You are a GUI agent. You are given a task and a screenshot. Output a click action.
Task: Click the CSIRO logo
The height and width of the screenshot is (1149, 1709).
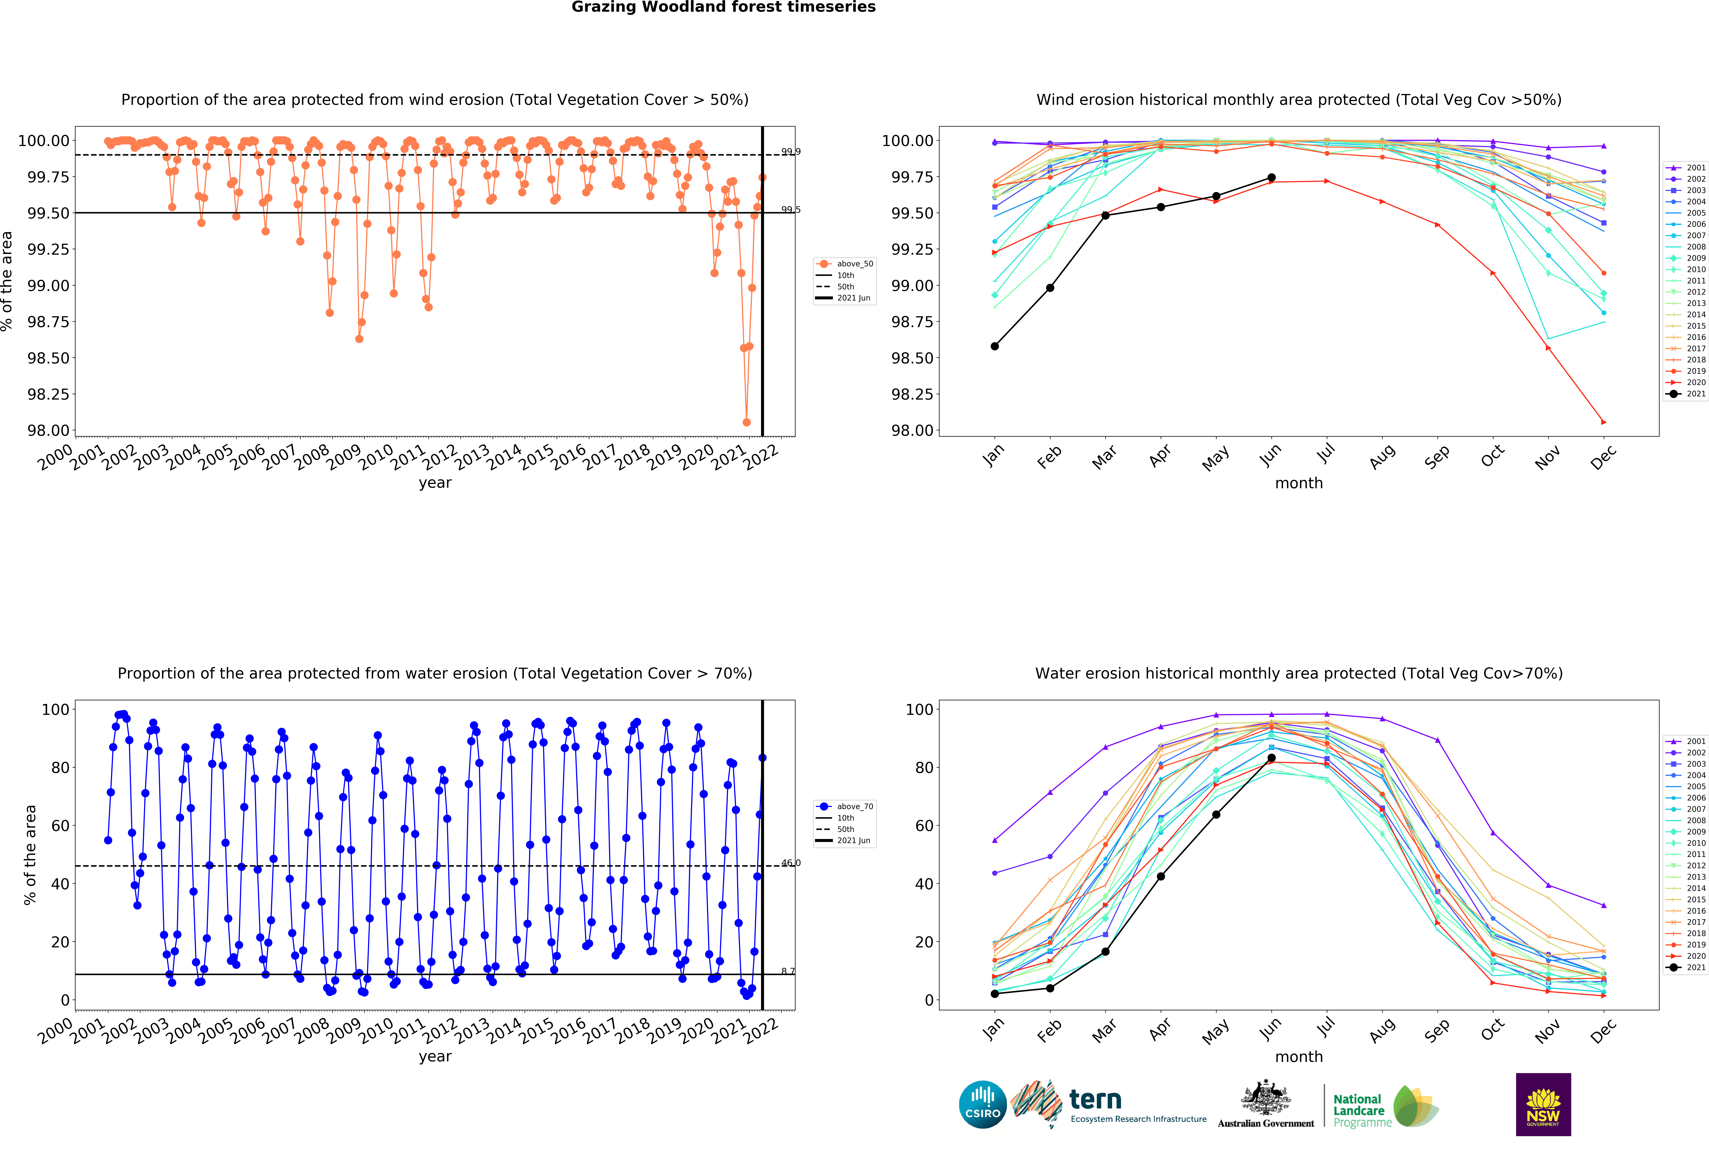point(982,1104)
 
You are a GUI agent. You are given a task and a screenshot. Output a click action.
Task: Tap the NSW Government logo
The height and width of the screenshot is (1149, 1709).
point(1543,1104)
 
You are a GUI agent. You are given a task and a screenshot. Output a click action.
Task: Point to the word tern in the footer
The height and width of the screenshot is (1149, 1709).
point(1095,1099)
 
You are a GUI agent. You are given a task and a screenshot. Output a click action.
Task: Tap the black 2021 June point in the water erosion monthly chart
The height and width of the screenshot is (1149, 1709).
point(1271,758)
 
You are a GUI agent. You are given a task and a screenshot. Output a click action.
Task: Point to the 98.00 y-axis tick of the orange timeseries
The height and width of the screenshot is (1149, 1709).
point(48,430)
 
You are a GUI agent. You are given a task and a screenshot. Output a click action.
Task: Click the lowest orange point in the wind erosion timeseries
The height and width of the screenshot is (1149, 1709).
point(746,422)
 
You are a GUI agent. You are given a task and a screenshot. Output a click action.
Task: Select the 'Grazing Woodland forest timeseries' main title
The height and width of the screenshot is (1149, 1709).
point(723,7)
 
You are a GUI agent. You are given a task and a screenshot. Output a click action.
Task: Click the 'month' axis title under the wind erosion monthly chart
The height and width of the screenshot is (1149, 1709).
point(1299,483)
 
